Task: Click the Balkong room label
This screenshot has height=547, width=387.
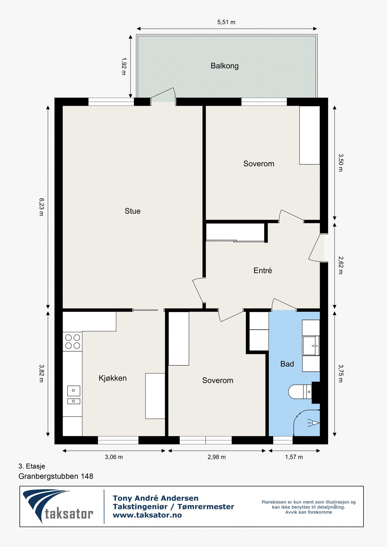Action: [x=225, y=66]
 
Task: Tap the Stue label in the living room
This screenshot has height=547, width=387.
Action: [x=133, y=211]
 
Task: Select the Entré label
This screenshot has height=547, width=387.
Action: [x=263, y=270]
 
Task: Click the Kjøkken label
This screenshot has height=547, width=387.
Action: [x=112, y=378]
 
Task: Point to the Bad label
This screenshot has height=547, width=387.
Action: [x=287, y=364]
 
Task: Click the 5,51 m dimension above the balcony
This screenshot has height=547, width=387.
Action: [x=226, y=22]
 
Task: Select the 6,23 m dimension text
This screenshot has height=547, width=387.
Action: [x=41, y=207]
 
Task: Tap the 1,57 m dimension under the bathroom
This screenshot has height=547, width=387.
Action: [x=294, y=457]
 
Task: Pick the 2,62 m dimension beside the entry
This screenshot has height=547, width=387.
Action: [x=341, y=265]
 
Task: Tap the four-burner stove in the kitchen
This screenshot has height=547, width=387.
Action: [x=73, y=342]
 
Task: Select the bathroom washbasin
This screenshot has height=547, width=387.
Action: [x=311, y=346]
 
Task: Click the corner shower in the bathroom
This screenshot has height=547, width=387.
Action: [x=306, y=423]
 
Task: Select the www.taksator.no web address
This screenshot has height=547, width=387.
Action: [x=147, y=515]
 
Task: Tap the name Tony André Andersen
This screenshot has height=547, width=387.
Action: [x=156, y=498]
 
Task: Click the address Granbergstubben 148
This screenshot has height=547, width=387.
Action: [x=56, y=476]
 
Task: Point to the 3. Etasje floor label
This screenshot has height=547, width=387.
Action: [x=32, y=466]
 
